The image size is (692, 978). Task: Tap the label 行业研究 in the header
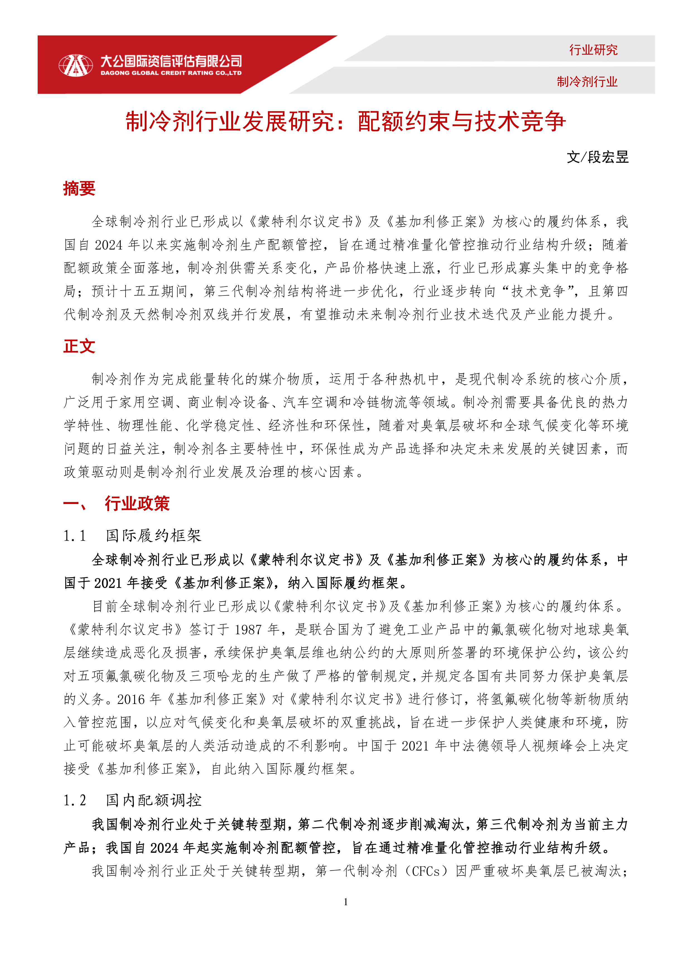click(x=593, y=50)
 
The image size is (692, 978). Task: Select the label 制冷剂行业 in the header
click(x=587, y=81)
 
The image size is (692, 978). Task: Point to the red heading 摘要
click(x=79, y=188)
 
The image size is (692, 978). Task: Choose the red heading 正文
click(x=79, y=346)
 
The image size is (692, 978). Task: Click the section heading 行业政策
click(x=137, y=503)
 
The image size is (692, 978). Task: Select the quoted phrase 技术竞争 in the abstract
click(x=538, y=291)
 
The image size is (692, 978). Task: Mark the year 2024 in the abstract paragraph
click(x=108, y=245)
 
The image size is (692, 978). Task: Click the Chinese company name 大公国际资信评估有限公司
click(x=171, y=61)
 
